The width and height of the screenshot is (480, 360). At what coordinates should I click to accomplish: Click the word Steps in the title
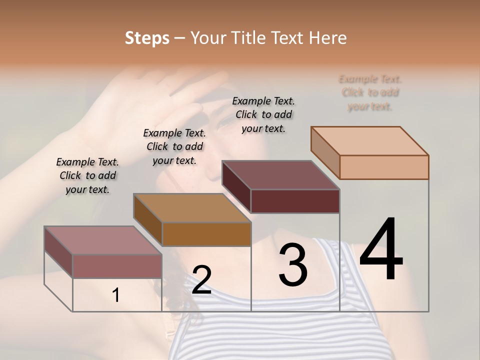[x=147, y=38]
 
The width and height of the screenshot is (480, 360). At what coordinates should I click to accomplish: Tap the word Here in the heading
[x=327, y=38]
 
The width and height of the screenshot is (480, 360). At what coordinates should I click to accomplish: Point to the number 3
[x=292, y=265]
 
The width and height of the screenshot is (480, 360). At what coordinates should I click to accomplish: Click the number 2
[x=201, y=280]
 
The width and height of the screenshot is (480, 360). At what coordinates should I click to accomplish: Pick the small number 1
[x=116, y=295]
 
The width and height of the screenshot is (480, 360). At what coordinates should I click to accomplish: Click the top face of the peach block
[x=370, y=141]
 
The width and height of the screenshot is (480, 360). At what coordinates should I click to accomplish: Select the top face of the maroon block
[x=280, y=175]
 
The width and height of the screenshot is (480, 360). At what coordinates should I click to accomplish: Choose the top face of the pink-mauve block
[x=103, y=240]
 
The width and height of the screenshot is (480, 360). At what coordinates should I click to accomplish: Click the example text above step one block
[x=87, y=175]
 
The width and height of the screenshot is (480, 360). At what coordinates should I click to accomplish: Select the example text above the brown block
[x=174, y=146]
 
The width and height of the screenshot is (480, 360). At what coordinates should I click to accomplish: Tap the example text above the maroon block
[x=263, y=114]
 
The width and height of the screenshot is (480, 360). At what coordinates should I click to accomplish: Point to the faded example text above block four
[x=370, y=92]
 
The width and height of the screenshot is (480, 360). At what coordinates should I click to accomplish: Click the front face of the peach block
[x=384, y=167]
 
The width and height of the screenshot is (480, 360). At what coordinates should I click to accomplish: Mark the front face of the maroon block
[x=295, y=201]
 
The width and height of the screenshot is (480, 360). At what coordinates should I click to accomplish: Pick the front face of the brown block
[x=206, y=234]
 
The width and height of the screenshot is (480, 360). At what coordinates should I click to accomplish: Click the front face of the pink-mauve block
[x=117, y=266]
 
